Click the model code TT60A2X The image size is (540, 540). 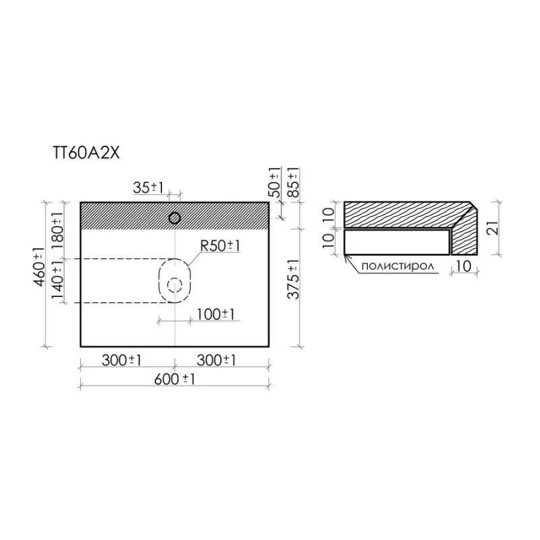tap(86, 153)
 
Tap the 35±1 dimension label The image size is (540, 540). tap(148, 188)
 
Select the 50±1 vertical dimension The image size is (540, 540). tap(275, 182)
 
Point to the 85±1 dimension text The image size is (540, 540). tap(294, 182)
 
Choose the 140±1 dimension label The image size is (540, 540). tap(57, 280)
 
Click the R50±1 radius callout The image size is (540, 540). tap(220, 246)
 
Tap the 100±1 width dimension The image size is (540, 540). tap(215, 314)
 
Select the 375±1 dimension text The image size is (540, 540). tap(294, 279)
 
